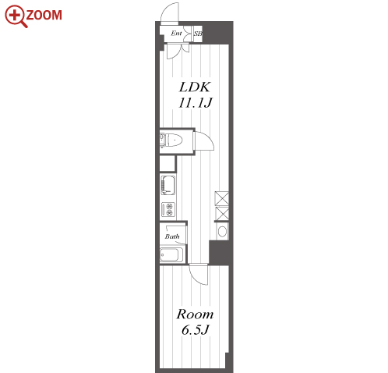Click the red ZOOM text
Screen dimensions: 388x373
pos(44,15)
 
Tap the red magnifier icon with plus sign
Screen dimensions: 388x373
pos(16,16)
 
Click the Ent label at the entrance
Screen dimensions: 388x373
pos(176,33)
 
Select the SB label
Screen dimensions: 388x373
pos(198,34)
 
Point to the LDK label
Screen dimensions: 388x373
pos(194,87)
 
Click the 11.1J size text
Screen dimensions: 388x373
pos(196,102)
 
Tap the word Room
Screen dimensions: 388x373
pos(195,314)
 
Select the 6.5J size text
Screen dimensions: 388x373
pos(196,330)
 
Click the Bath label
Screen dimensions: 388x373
pos(172,236)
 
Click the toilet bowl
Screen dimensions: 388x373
pos(174,140)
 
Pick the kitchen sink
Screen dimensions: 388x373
pos(168,185)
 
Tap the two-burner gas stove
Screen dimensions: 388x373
pos(168,210)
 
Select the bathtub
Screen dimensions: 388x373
pos(171,254)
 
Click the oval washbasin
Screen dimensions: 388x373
pos(222,231)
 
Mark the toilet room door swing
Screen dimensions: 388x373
pos(204,141)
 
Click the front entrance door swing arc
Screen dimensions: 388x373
pos(170,13)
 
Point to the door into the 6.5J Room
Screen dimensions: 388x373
pos(199,274)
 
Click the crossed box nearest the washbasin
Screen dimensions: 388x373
pos(222,213)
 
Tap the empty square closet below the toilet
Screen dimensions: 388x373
pos(168,163)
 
